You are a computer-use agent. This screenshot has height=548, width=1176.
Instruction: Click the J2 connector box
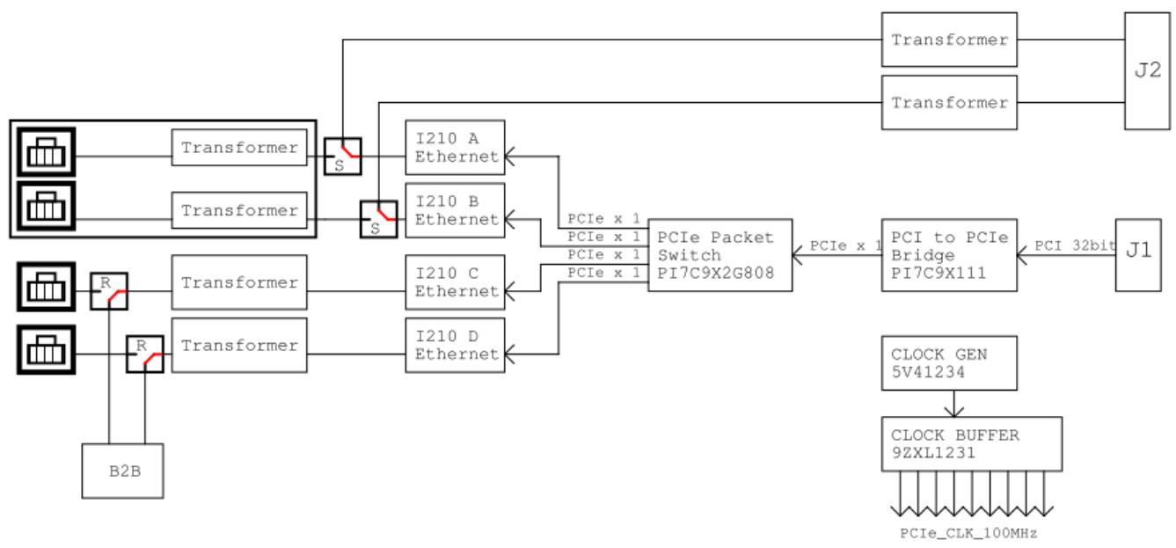[x=1147, y=71]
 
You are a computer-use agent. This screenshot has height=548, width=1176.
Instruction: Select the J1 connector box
[x=1138, y=255]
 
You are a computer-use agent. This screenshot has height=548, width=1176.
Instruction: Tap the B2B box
[x=123, y=471]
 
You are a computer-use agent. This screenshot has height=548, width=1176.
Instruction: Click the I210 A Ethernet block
[x=455, y=148]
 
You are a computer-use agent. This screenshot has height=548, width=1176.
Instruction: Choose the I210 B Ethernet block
[x=455, y=210]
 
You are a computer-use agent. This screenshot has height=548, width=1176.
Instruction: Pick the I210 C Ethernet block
[x=455, y=282]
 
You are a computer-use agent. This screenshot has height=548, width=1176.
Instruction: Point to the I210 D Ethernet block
[x=455, y=345]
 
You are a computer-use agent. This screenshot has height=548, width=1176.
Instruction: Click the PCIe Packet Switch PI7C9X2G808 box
[x=720, y=255]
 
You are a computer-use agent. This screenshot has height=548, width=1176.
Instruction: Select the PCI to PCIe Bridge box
[x=949, y=255]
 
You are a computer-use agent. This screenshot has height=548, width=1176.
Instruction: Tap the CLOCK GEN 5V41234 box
[x=949, y=363]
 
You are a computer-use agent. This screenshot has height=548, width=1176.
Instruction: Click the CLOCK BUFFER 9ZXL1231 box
[x=972, y=444]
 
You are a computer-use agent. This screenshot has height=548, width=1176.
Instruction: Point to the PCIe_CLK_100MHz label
[x=968, y=533]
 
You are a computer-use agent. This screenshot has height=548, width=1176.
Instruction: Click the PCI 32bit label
[x=1075, y=245]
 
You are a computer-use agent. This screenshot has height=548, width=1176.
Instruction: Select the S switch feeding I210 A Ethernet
[x=343, y=157]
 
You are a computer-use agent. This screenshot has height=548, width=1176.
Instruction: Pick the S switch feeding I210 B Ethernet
[x=378, y=219]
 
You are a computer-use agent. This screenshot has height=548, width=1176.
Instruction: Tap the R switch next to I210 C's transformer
[x=109, y=291]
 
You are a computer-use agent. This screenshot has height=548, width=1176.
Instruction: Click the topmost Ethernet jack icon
[x=47, y=151]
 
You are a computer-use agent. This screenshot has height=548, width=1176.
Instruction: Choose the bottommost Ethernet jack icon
[x=47, y=349]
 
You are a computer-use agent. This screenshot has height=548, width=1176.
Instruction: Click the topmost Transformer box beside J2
[x=949, y=40]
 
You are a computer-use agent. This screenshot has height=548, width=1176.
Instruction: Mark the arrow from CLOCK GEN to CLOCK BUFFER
[x=954, y=404]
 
